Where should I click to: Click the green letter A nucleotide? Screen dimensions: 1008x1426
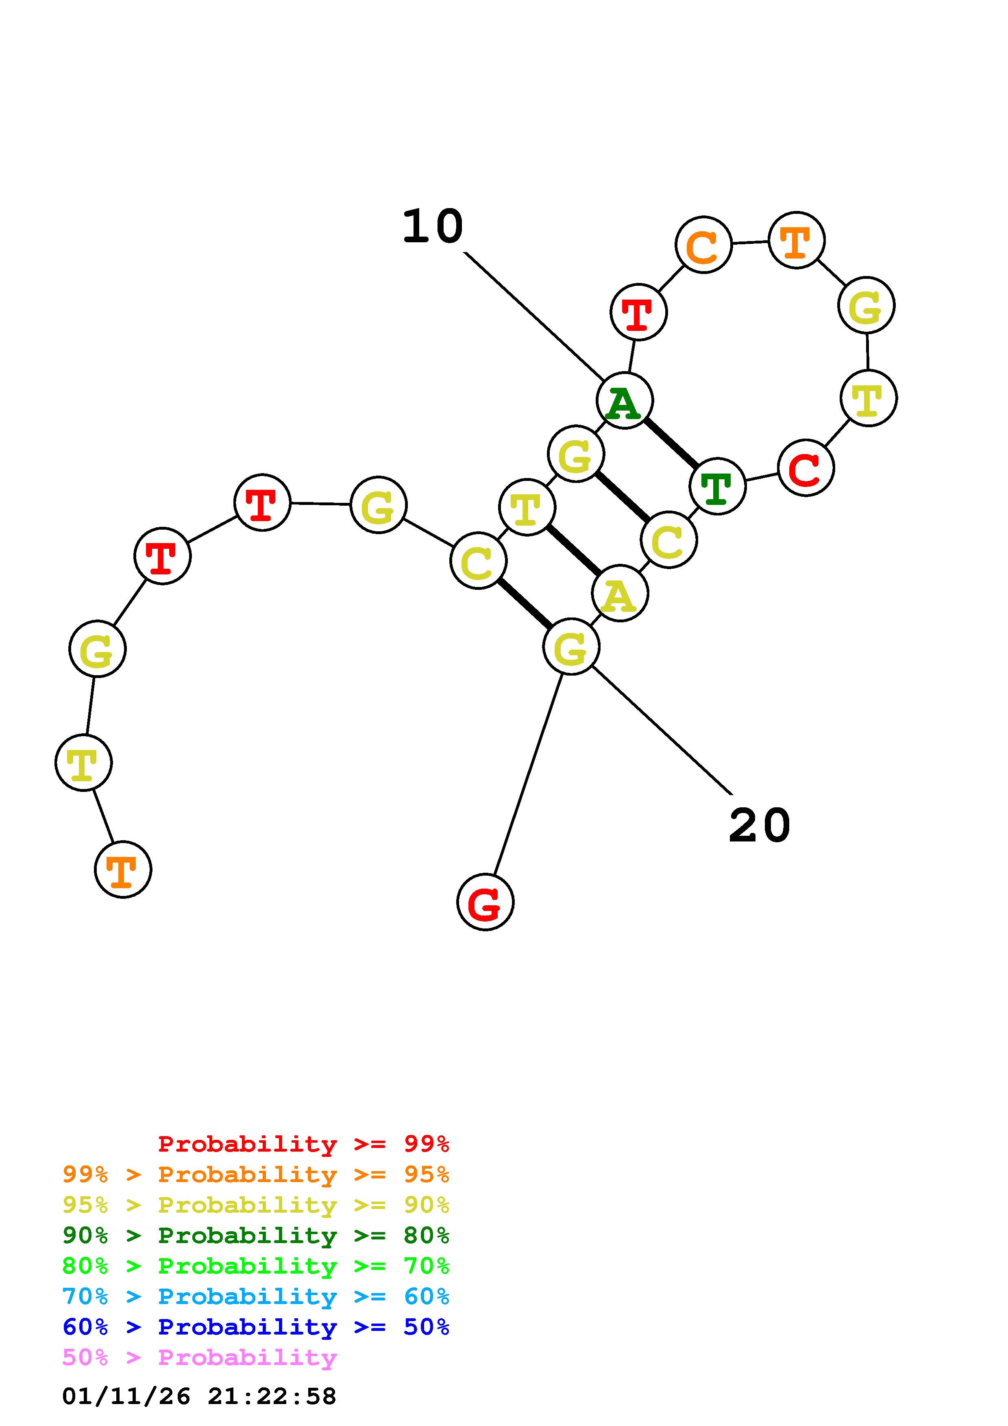pos(624,400)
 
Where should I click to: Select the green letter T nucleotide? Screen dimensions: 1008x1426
pos(717,486)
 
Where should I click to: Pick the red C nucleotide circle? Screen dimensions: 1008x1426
pos(806,467)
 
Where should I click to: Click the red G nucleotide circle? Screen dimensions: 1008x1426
pos(485,902)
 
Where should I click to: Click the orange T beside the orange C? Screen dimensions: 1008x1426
pos(796,240)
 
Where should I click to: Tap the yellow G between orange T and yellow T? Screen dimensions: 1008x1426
pos(866,305)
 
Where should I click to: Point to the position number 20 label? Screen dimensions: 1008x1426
pos(759,826)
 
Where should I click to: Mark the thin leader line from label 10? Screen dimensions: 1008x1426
pos(534,315)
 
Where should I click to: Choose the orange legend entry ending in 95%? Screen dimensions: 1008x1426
pos(256,1174)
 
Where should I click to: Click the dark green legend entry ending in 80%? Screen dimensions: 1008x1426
pos(256,1235)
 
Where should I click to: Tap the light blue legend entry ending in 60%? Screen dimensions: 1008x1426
pos(256,1296)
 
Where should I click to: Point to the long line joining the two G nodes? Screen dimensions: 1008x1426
pos(528,773)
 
